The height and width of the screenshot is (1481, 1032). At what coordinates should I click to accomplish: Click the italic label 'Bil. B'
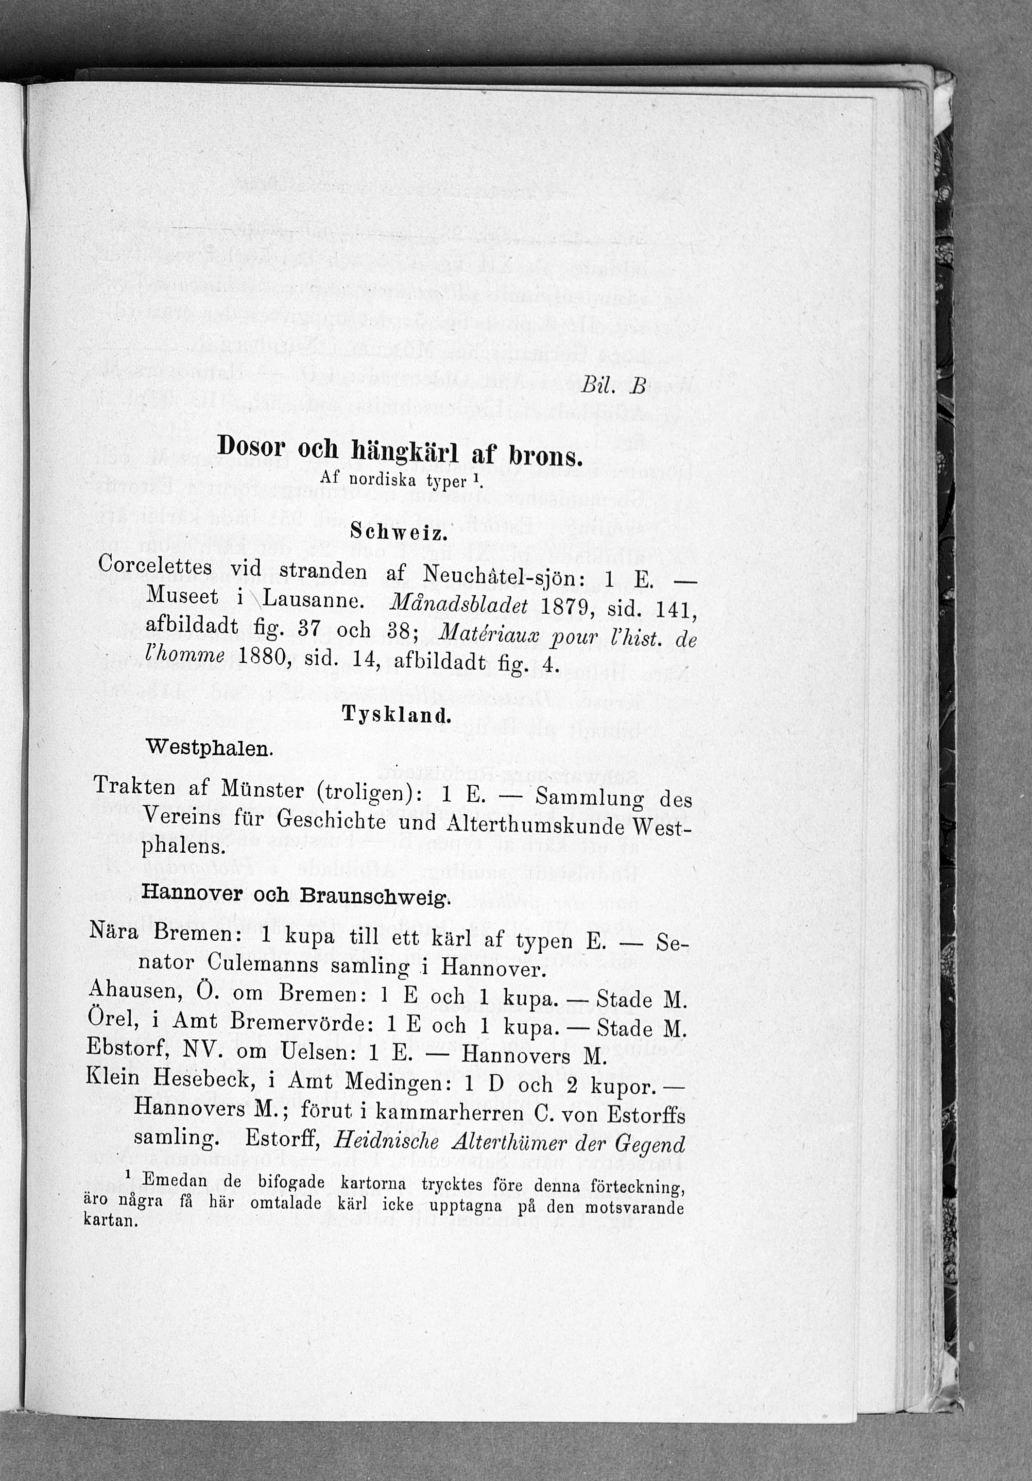click(612, 386)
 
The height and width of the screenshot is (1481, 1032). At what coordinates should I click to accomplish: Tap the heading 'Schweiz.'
click(398, 533)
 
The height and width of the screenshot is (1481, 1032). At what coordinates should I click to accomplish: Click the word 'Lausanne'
click(311, 601)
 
